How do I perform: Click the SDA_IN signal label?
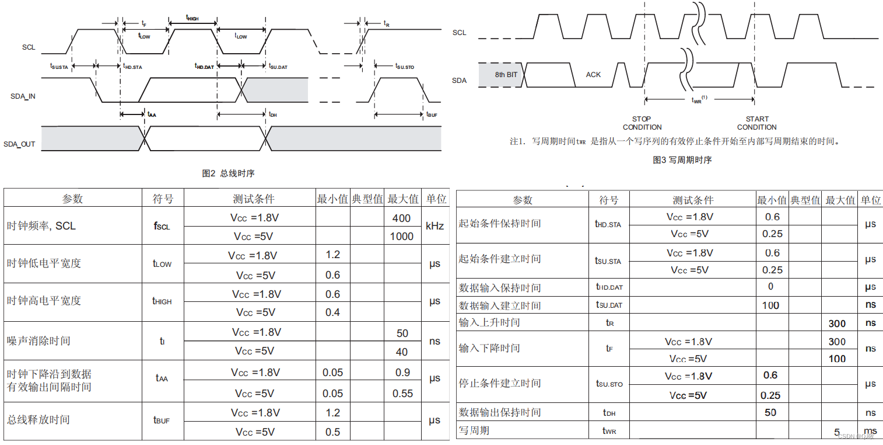tap(23, 96)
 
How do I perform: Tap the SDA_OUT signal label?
tap(19, 144)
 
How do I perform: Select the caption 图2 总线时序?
tap(228, 173)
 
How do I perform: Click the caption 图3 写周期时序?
tap(682, 160)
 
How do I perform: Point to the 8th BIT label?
tap(506, 75)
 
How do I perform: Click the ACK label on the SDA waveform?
tap(593, 75)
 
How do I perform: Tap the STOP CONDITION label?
tap(642, 123)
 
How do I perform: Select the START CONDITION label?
tap(756, 123)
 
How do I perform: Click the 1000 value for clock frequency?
tap(402, 237)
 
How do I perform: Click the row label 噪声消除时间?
tap(38, 340)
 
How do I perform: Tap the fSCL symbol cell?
tap(162, 226)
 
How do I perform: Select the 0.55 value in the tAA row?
tap(402, 393)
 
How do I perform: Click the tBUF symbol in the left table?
tap(162, 420)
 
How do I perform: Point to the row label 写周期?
tap(474, 430)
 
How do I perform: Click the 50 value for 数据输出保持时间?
tap(770, 412)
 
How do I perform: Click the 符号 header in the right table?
tap(608, 200)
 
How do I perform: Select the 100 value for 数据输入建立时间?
tap(770, 305)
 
